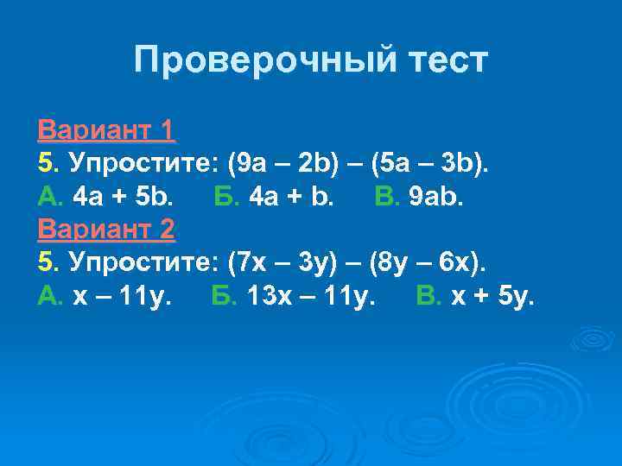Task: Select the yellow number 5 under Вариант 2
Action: (45, 262)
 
